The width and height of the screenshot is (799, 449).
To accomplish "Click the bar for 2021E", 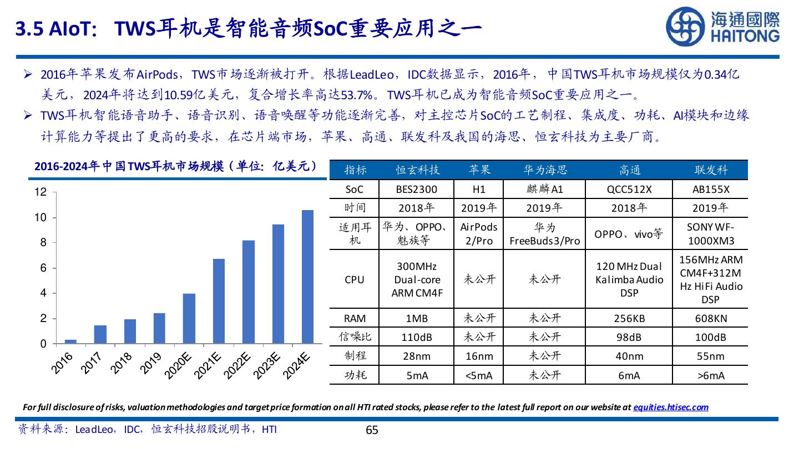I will (218, 301).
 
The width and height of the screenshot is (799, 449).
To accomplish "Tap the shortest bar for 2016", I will (70, 341).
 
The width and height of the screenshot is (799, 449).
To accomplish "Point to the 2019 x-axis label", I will (151, 363).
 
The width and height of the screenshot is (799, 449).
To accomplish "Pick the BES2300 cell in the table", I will (416, 189).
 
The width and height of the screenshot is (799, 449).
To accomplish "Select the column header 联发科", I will (710, 170).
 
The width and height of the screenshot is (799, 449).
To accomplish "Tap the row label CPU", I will (354, 279).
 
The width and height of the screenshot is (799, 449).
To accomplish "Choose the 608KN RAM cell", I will (710, 319).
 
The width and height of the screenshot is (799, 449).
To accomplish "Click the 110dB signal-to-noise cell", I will (416, 337).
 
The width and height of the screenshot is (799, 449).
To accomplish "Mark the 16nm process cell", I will (478, 356).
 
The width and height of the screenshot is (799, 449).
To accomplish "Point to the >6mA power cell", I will (710, 375).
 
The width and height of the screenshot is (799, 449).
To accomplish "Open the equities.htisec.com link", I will (670, 407).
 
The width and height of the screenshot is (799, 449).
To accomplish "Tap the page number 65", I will (372, 430).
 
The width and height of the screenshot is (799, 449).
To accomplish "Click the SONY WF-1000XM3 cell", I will (710, 234).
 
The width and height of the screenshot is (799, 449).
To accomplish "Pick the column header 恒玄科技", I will (416, 170).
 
